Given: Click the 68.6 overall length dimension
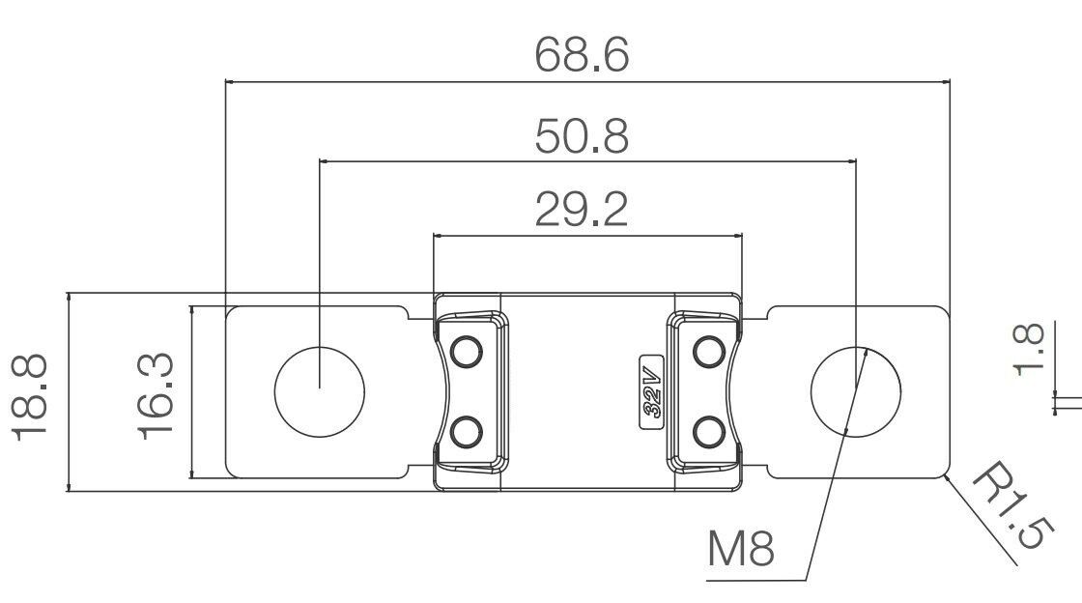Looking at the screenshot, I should tap(583, 55).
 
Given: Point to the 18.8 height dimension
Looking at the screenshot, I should tap(31, 397).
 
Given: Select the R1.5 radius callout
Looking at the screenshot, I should tap(1009, 507).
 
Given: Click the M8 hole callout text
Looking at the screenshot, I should tap(741, 550).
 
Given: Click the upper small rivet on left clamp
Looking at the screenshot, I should tap(467, 351).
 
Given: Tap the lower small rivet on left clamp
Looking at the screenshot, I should tap(467, 431).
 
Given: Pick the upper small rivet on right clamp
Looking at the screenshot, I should tap(710, 351).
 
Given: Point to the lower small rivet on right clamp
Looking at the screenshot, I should tap(710, 431).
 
